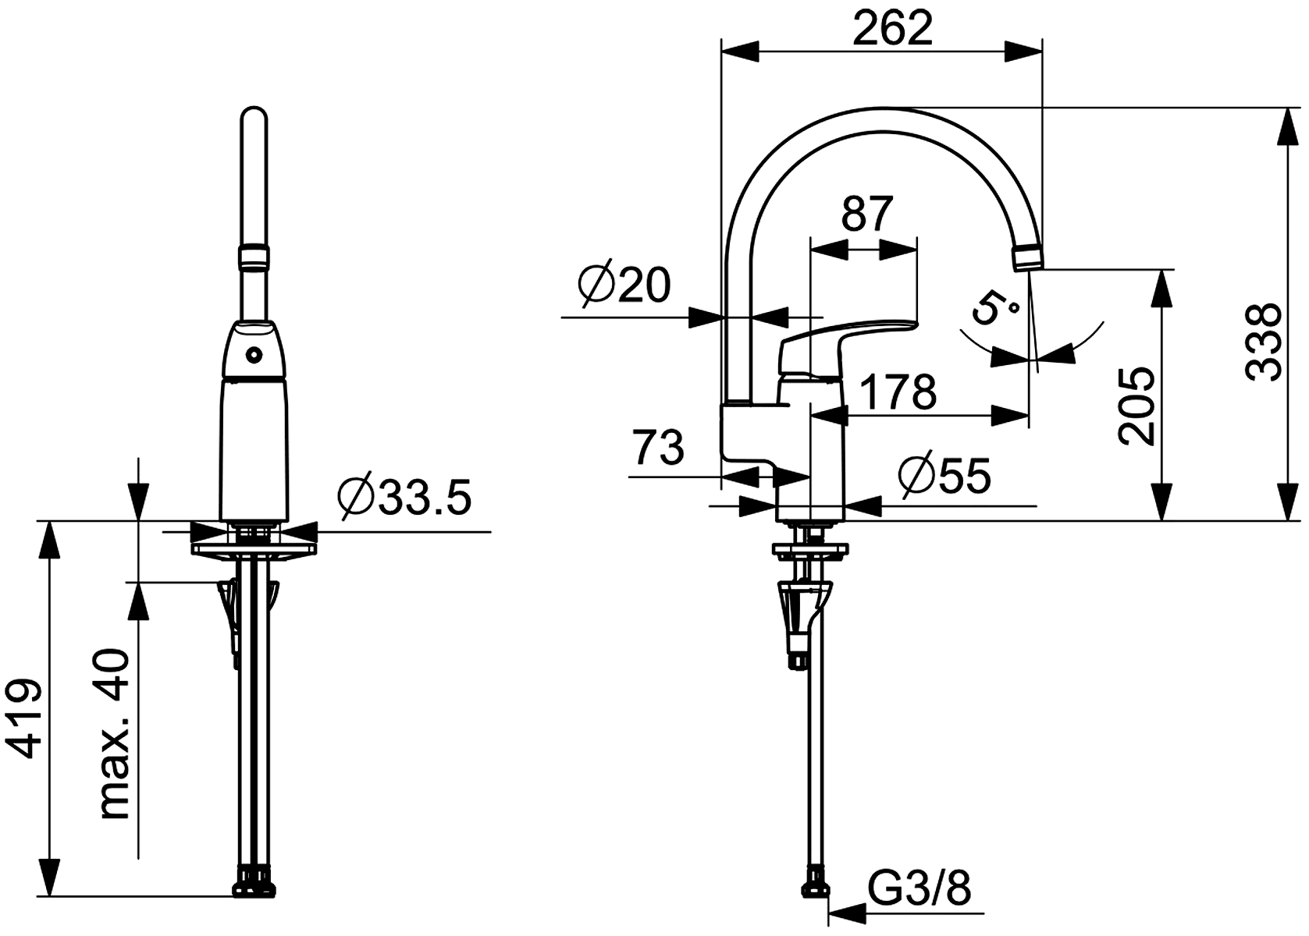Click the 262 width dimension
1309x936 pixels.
[892, 28]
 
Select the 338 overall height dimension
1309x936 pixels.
[1264, 342]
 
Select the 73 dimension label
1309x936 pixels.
[659, 447]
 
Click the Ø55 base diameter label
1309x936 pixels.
[945, 475]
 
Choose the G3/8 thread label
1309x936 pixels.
[920, 889]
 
